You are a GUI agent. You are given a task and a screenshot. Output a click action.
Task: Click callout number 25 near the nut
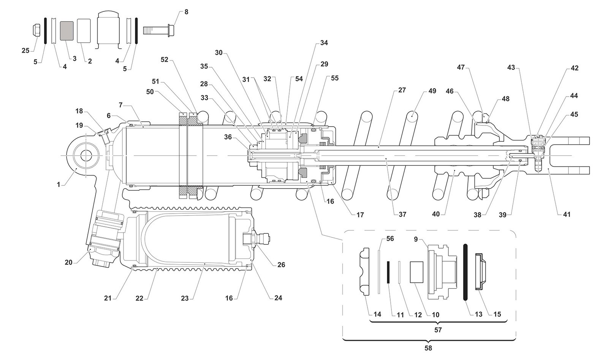click(25, 51)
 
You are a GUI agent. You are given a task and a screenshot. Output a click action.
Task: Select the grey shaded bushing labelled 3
click(67, 30)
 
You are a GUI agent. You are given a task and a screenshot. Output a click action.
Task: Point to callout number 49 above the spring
click(432, 91)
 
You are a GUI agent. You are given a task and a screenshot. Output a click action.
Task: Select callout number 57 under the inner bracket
click(438, 330)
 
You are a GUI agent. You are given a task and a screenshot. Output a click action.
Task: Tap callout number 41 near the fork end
click(566, 214)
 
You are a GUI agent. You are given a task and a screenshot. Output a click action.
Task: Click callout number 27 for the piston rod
click(402, 90)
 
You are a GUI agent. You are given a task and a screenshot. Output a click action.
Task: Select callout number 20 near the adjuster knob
click(68, 262)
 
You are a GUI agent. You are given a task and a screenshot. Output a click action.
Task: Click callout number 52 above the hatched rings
click(164, 60)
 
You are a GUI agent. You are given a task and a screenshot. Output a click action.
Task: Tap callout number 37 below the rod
click(402, 214)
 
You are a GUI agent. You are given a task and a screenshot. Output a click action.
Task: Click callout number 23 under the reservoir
click(185, 298)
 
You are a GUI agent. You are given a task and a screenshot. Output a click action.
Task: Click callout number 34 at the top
click(324, 43)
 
